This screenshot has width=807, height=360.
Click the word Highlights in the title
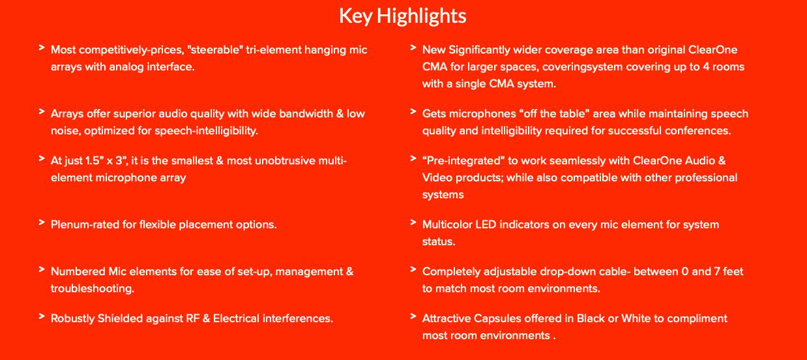[422, 16]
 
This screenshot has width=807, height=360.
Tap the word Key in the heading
[355, 16]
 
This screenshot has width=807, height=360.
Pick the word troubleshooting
[92, 289]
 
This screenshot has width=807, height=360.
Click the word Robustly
[72, 318]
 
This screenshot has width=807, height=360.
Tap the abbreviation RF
[193, 318]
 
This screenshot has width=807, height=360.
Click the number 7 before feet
[717, 271]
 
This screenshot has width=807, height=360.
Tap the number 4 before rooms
[706, 67]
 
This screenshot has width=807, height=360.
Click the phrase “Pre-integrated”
[463, 160]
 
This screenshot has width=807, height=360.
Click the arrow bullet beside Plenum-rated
[42, 222]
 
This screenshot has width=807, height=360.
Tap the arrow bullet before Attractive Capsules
[413, 317]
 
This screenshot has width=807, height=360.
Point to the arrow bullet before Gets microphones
[413, 112]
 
